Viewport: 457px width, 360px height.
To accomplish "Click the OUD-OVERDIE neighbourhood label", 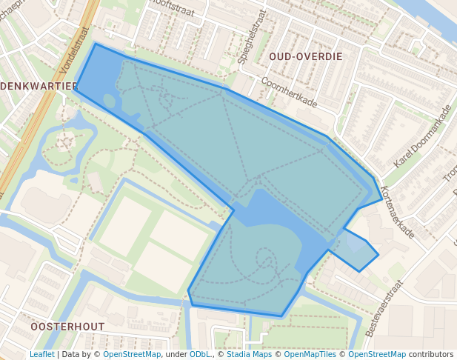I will pos(305,56).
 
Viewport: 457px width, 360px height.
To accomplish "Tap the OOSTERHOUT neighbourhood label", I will pos(67,326).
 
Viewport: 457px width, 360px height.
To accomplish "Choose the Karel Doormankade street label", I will pos(422,136).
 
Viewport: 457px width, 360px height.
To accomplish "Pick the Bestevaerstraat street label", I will pos(384,307).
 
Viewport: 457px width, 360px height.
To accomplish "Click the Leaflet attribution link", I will pos(42,354).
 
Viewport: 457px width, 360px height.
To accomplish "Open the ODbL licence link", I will pos(200,354).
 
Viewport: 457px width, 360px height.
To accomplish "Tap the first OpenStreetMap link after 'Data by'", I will pos(132,354).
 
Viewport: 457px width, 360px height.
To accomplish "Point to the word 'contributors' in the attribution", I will pos(432,354).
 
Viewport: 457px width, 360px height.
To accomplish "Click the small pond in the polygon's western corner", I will pos(110,101).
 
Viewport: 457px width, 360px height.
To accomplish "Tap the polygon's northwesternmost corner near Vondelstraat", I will pos(96,44).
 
